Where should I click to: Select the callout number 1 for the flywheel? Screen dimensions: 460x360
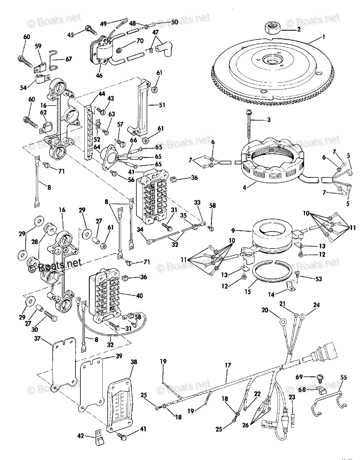click(323, 38)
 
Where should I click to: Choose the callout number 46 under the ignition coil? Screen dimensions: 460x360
click(99, 76)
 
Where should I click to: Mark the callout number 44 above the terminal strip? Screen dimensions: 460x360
click(91, 94)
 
